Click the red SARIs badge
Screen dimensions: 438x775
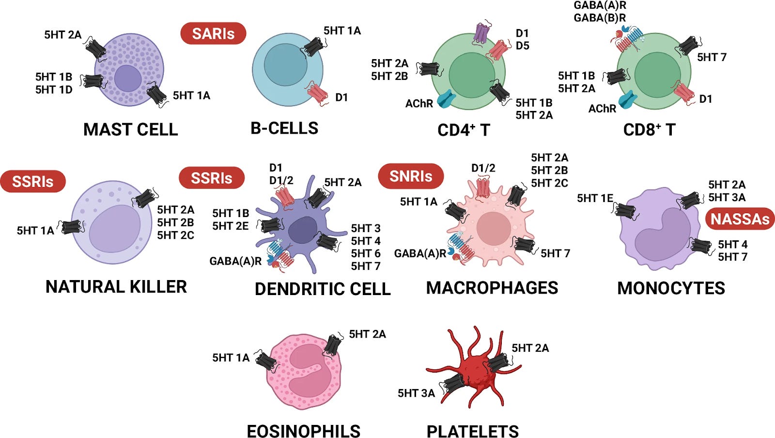(x=213, y=33)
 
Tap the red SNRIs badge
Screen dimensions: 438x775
(x=411, y=176)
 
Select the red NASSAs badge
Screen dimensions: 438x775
(x=740, y=219)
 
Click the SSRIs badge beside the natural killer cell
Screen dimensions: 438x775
(x=33, y=181)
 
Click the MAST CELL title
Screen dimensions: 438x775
(x=130, y=129)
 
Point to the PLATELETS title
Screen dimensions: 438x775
(x=472, y=431)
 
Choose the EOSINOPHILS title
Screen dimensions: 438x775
(x=304, y=431)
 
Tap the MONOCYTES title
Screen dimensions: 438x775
(x=671, y=288)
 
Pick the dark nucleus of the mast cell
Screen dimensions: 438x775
(x=128, y=78)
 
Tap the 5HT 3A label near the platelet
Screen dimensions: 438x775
(x=416, y=393)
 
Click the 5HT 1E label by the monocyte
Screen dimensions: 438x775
(x=595, y=198)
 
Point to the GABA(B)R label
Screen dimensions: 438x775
(x=600, y=18)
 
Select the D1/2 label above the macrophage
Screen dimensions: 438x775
(x=483, y=168)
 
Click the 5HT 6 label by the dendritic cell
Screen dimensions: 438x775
(x=366, y=253)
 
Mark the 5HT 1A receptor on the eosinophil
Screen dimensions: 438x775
(x=267, y=361)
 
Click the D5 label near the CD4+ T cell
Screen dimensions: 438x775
(x=522, y=46)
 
